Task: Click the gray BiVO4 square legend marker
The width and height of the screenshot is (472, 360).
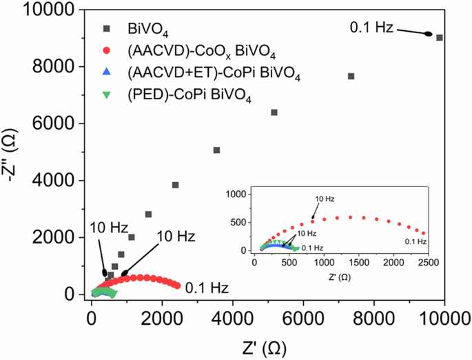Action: click(x=106, y=28)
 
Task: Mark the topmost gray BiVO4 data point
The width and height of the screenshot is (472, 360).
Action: click(x=440, y=37)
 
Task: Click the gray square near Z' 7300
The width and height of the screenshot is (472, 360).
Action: click(x=351, y=76)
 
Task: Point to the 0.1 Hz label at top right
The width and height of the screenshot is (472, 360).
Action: click(x=371, y=28)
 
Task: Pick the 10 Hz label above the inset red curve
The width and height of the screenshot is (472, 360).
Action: click(x=325, y=199)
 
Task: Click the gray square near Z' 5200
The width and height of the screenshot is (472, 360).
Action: click(x=274, y=112)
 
